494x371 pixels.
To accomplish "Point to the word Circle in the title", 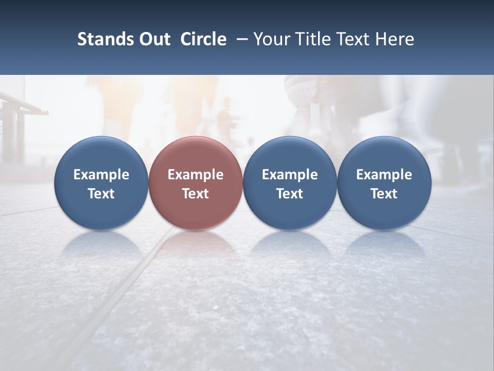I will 203,39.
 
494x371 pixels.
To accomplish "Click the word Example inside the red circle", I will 196,175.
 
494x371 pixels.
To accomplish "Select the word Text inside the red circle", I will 196,194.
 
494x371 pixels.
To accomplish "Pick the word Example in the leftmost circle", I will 101,175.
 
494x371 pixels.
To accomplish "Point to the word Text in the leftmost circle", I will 101,194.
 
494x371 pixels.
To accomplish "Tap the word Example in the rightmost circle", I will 384,175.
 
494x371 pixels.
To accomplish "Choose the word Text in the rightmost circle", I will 384,194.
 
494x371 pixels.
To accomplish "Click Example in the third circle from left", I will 290,175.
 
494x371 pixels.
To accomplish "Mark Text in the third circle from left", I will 290,194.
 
